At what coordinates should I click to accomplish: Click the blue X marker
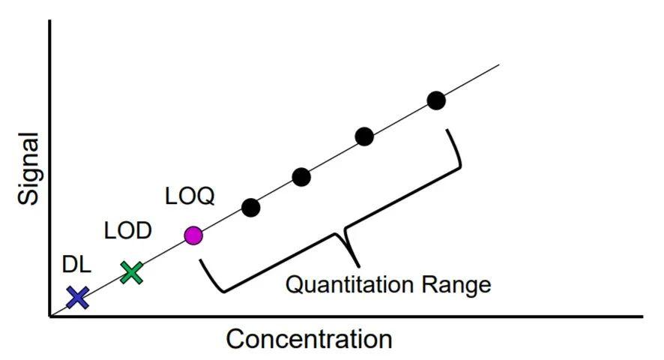[x=78, y=297]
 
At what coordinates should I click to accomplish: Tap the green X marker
[x=131, y=273]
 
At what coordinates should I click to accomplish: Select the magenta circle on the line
[x=193, y=235]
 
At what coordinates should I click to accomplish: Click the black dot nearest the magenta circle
[x=251, y=208]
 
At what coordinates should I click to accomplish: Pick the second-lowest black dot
[x=301, y=177]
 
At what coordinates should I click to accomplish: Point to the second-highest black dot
[x=364, y=136]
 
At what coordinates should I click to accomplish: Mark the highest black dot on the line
[x=436, y=100]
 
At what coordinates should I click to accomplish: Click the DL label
[x=76, y=265]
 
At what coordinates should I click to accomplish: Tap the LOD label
[x=128, y=231]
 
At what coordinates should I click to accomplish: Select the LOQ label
[x=190, y=196]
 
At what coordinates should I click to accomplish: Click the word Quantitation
[x=349, y=284]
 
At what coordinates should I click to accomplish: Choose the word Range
[x=456, y=285]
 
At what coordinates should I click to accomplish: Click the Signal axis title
[x=28, y=169]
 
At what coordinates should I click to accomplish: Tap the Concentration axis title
[x=309, y=339]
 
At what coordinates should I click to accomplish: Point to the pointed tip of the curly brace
[x=359, y=266]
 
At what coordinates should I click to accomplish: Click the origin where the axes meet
[x=50, y=316]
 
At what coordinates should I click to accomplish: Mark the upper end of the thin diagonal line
[x=499, y=65]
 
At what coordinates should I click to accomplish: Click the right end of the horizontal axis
[x=642, y=316]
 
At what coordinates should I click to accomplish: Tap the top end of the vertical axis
[x=50, y=20]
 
